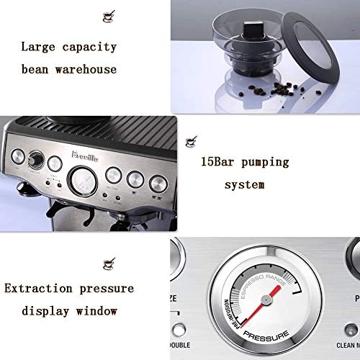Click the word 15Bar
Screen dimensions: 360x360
click(x=220, y=161)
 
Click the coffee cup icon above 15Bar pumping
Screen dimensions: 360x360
click(x=190, y=140)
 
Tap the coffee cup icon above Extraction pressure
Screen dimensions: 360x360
click(x=108, y=259)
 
